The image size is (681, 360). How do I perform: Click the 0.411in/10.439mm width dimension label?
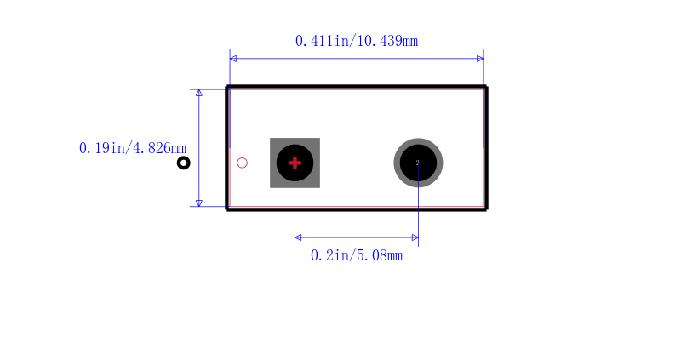tap(357, 41)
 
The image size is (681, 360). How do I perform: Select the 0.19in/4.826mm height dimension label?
tap(133, 148)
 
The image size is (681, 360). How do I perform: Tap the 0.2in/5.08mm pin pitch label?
tap(357, 255)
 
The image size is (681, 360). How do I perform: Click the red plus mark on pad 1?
tap(295, 163)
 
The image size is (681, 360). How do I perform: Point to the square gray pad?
tap(295, 163)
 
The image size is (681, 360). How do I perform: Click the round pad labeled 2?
tap(418, 163)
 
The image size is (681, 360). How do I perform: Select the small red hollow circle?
tap(242, 163)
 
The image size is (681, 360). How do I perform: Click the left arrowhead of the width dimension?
tap(233, 59)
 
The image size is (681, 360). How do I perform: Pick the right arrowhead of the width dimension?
tap(480, 59)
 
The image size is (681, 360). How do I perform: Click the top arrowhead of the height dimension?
tap(199, 93)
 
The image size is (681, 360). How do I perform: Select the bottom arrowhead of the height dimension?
tap(199, 203)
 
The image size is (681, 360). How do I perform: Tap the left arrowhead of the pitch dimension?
tap(299, 237)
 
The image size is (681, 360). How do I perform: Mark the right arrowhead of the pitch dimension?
tap(415, 237)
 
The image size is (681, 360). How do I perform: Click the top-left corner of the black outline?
tap(227, 87)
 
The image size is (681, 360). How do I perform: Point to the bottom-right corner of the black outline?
tap(486, 209)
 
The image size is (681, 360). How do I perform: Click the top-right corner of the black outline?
tap(486, 87)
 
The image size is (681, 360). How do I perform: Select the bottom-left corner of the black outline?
tap(227, 209)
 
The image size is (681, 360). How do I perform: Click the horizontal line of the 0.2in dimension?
tap(357, 237)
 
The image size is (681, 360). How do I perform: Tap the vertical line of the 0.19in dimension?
tap(199, 148)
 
